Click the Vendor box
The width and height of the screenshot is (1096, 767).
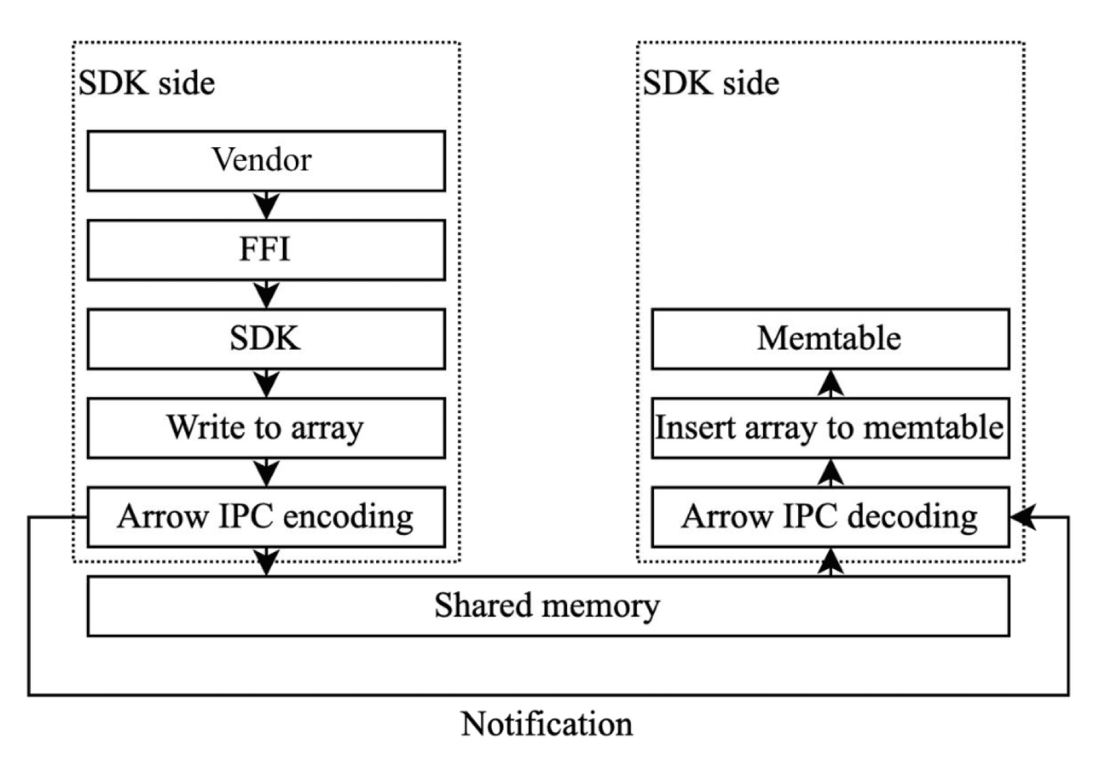(266, 161)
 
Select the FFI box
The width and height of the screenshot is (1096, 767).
(266, 250)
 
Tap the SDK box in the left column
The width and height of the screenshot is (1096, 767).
(266, 339)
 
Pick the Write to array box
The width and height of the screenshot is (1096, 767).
(266, 428)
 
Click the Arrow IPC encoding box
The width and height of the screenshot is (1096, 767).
(266, 517)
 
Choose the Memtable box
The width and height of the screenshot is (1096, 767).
(830, 339)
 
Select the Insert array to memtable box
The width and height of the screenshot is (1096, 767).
(830, 428)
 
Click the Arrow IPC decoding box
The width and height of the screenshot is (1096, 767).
(830, 517)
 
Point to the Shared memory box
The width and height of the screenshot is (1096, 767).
(548, 606)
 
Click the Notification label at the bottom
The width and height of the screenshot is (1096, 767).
(547, 725)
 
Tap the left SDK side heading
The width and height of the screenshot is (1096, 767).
(147, 84)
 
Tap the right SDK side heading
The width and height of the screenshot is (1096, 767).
(711, 84)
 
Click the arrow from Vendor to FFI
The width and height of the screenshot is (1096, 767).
(266, 205)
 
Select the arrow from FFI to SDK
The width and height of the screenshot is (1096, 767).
(266, 294)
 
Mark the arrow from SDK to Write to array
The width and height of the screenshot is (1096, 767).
(266, 383)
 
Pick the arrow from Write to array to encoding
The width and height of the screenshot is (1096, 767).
(266, 473)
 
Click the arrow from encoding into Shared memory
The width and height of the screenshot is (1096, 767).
(266, 562)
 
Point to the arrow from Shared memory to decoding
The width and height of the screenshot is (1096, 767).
(830, 562)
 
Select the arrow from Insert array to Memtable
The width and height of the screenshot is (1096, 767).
(830, 383)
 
